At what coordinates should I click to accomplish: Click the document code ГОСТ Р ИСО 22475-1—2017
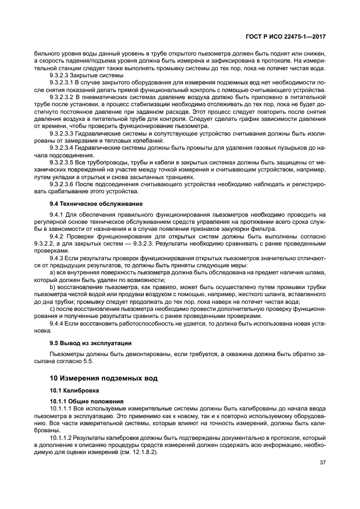[287, 36]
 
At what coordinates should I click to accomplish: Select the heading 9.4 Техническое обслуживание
[88, 204]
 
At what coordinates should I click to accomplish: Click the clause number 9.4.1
[57, 215]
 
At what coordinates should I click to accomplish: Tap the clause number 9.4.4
[57, 323]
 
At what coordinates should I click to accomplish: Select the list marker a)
[52, 272]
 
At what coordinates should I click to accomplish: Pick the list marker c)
[52, 308]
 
